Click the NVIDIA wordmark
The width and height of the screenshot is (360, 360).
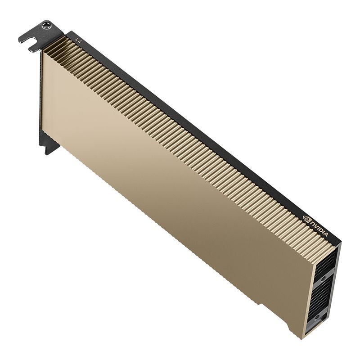322,229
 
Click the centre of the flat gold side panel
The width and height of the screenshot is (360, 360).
175,180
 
